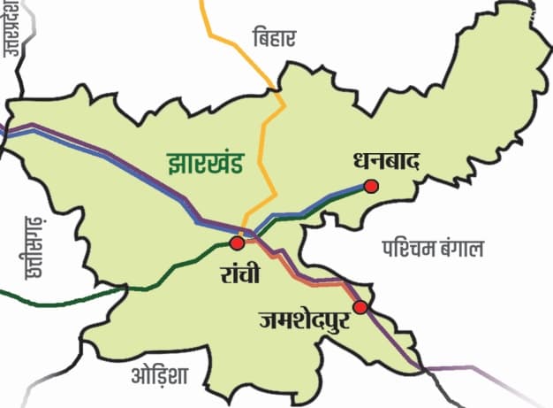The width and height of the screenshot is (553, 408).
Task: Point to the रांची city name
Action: coord(240,273)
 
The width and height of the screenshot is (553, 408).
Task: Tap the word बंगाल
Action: coord(462,248)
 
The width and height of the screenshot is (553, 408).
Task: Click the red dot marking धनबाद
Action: coord(371,186)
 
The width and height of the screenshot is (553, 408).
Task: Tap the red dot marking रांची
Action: coord(237,242)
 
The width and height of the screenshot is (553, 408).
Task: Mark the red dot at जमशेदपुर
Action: coord(360,307)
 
